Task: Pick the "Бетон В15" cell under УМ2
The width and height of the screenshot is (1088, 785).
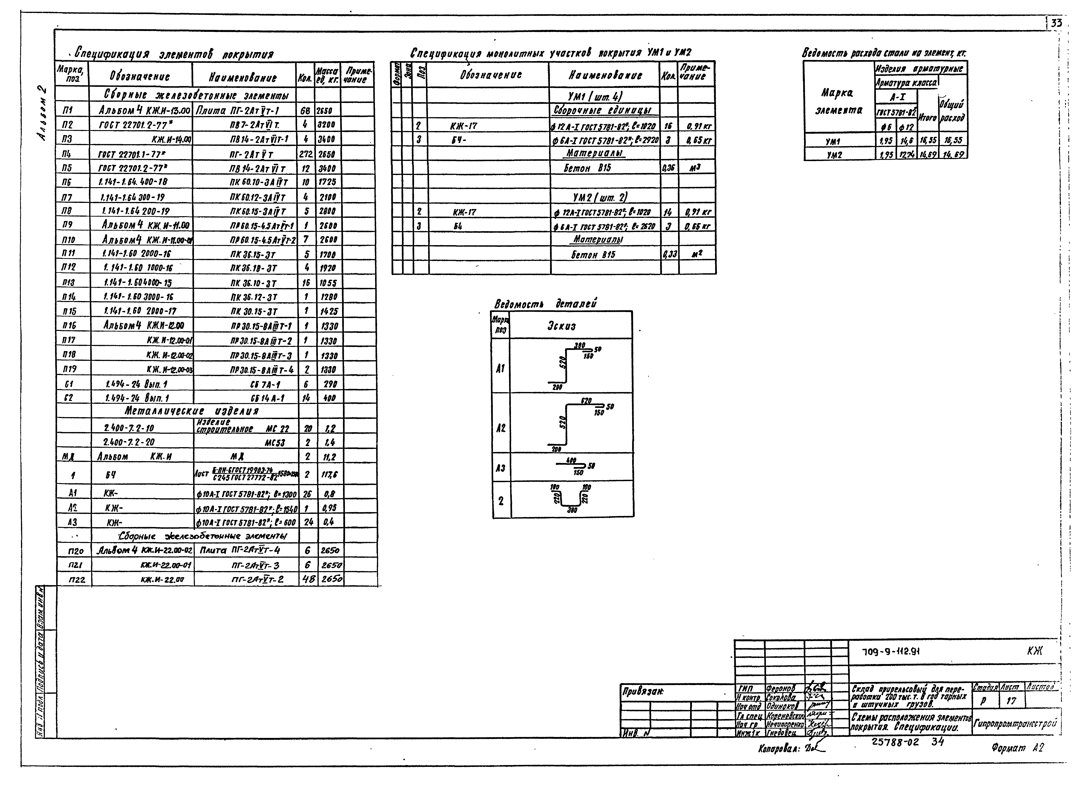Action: pos(593,254)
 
